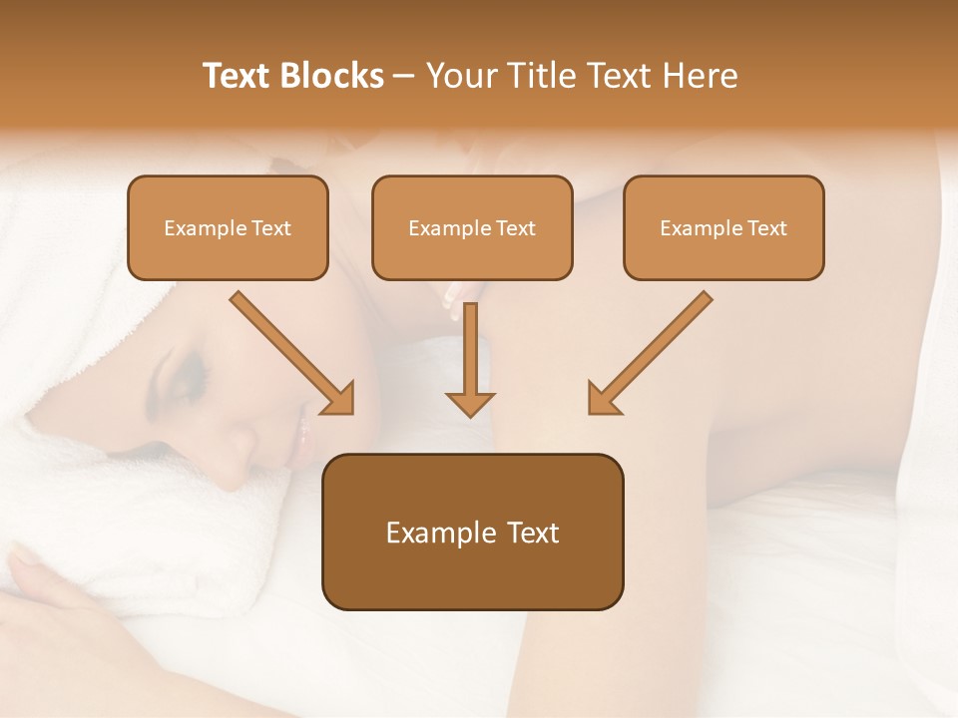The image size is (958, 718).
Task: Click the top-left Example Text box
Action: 228,227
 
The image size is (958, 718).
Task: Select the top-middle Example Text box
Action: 472,227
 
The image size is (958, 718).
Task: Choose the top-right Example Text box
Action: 723,227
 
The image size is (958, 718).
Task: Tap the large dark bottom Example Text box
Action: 472,532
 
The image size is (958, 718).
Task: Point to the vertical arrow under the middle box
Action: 470,359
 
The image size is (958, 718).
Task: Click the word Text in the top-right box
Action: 767,228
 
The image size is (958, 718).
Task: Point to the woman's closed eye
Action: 190,377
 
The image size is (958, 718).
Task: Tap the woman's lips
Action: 303,431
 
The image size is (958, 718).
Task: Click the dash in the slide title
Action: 404,76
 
